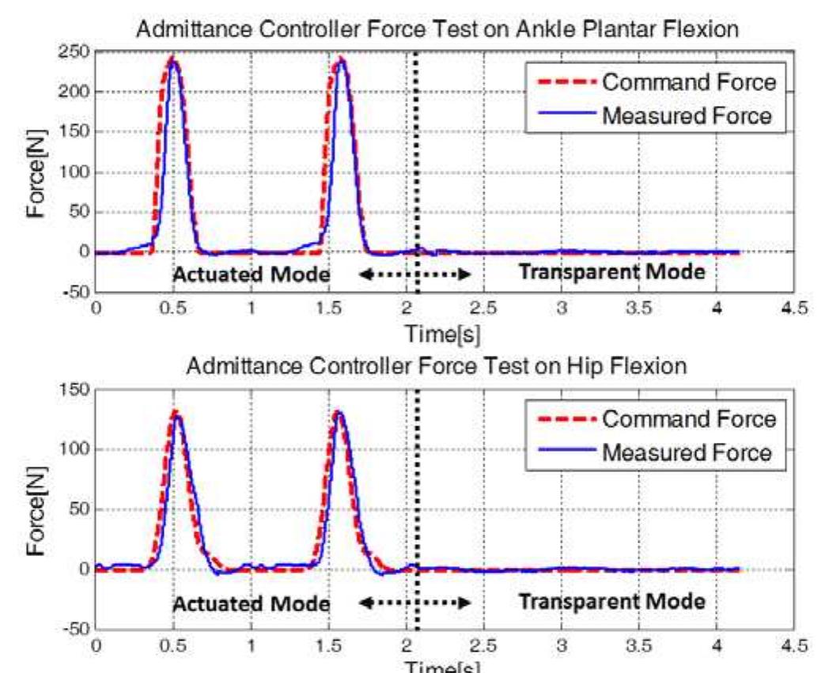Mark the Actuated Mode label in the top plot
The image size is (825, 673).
pyautogui.click(x=250, y=274)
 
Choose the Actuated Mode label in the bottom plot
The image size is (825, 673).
pyautogui.click(x=250, y=603)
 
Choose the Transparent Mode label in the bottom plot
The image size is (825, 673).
pyautogui.click(x=611, y=601)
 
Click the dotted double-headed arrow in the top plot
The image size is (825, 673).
pyautogui.click(x=414, y=274)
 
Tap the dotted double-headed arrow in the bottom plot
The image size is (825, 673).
pyautogui.click(x=414, y=603)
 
